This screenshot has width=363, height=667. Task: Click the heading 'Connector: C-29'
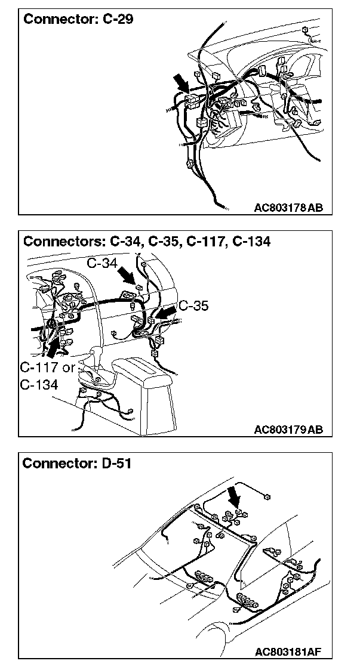pyautogui.click(x=78, y=19)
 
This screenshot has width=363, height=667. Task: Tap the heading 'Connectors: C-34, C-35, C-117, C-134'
pyautogui.click(x=146, y=241)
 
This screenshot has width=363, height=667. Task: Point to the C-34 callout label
pyautogui.click(x=101, y=263)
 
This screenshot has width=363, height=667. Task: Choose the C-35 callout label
pyautogui.click(x=193, y=305)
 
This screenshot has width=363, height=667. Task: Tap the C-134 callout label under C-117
pyautogui.click(x=39, y=385)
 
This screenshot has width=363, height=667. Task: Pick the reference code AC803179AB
pyautogui.click(x=288, y=429)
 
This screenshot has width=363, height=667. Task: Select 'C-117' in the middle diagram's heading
pyautogui.click(x=202, y=241)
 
